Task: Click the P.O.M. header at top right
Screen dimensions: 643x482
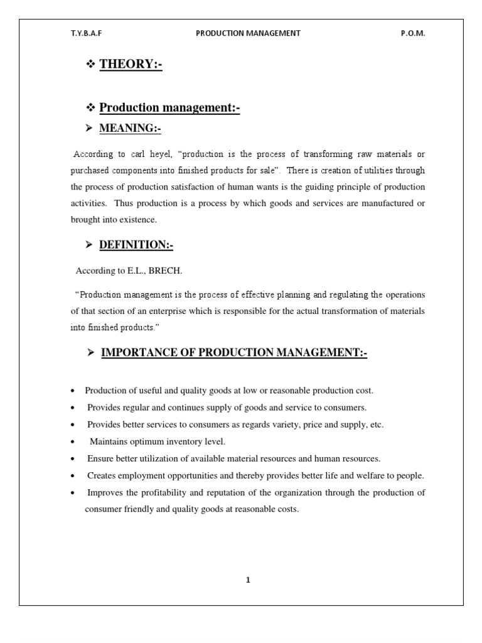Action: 412,34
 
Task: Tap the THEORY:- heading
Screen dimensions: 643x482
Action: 131,65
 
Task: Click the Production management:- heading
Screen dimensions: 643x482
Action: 169,108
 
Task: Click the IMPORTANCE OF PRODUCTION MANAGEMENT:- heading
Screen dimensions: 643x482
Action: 234,354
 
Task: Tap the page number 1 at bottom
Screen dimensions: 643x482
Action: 248,580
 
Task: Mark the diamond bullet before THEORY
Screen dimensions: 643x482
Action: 89,65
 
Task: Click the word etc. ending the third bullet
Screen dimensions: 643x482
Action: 376,425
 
